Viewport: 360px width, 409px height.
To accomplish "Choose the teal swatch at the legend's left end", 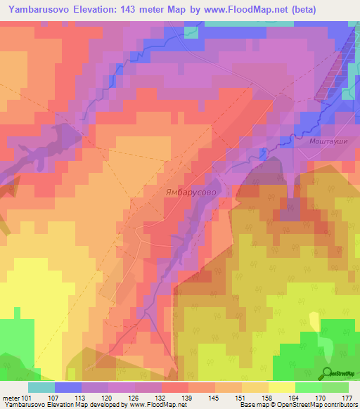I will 41,387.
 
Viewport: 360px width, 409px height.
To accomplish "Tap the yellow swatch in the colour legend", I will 281,387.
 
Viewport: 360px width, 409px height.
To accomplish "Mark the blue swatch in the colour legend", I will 67,387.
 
